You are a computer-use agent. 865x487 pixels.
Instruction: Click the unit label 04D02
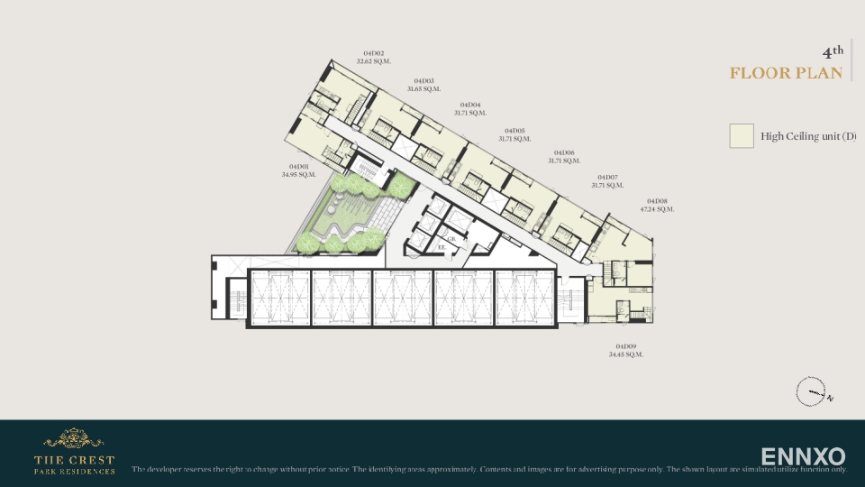coord(374,53)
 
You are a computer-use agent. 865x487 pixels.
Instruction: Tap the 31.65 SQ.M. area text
coord(423,89)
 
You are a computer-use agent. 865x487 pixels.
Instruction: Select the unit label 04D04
coord(470,105)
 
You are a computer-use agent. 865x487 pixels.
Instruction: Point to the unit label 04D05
coord(514,131)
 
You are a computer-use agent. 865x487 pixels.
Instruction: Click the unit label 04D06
coord(564,152)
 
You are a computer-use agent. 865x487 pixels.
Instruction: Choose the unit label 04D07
coord(607,177)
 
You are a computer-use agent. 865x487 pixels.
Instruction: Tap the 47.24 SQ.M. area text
coord(658,209)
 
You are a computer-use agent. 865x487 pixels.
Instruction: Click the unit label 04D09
coord(626,346)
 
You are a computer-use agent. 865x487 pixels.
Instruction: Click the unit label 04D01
coord(299,166)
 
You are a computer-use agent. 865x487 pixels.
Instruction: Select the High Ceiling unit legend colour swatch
coord(742,136)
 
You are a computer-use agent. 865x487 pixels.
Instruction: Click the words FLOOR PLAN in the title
coord(787,73)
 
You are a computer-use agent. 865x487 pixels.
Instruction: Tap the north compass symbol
coord(811,392)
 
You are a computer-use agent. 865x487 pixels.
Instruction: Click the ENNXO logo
coord(803,456)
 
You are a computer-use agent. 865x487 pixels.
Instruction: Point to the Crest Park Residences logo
coord(74,452)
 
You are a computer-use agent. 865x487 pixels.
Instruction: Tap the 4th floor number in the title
coord(833,51)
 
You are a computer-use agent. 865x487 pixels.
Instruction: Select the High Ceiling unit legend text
coord(807,136)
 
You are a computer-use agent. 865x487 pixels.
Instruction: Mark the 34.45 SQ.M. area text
coord(626,354)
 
